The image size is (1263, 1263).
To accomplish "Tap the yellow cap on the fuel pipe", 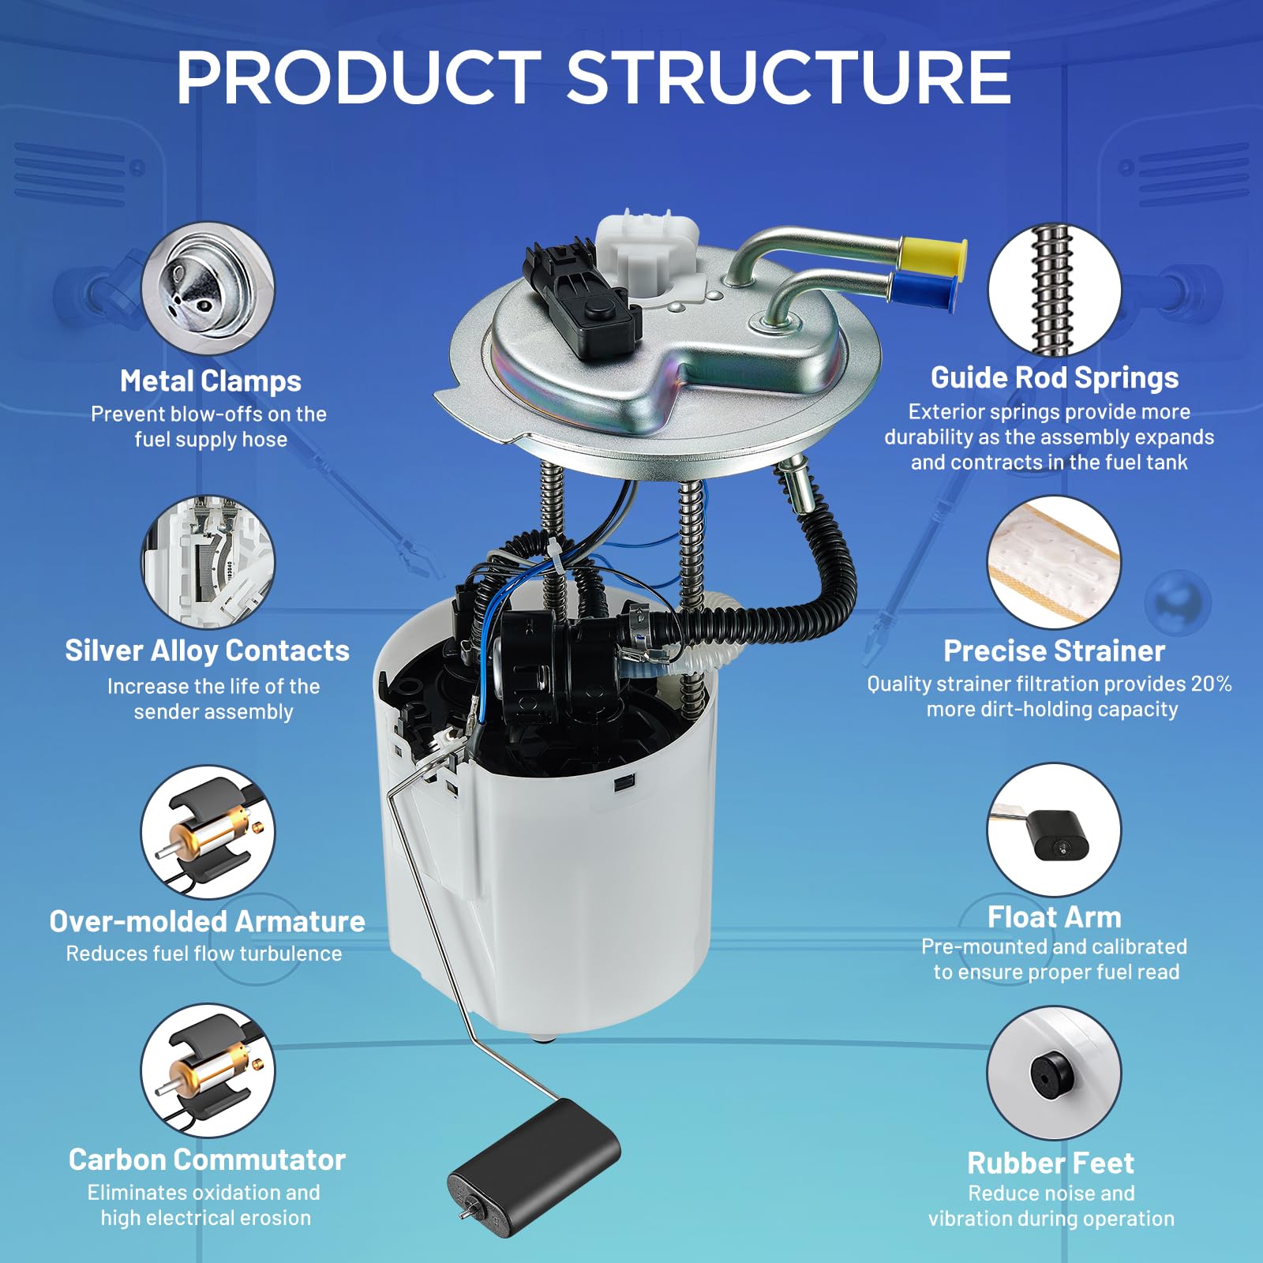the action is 932,254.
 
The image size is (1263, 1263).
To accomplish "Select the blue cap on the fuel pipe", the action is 924,290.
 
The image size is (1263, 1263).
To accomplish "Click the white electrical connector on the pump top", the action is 646,251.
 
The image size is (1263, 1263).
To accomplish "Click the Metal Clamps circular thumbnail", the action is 208,287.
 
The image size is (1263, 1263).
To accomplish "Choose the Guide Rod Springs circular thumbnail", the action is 1054,289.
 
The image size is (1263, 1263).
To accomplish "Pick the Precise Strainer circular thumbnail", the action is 1054,562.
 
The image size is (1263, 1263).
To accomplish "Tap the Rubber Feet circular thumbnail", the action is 1054,1072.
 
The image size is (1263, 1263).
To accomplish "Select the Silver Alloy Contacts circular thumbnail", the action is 208,561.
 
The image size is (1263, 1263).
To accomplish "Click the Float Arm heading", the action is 1054,917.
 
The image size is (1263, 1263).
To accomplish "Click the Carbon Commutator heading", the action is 207,1160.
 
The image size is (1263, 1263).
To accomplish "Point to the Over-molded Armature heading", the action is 207,921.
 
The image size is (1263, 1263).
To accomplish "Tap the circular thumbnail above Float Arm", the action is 1054,830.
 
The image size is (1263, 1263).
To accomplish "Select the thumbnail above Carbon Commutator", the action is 208,1070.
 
